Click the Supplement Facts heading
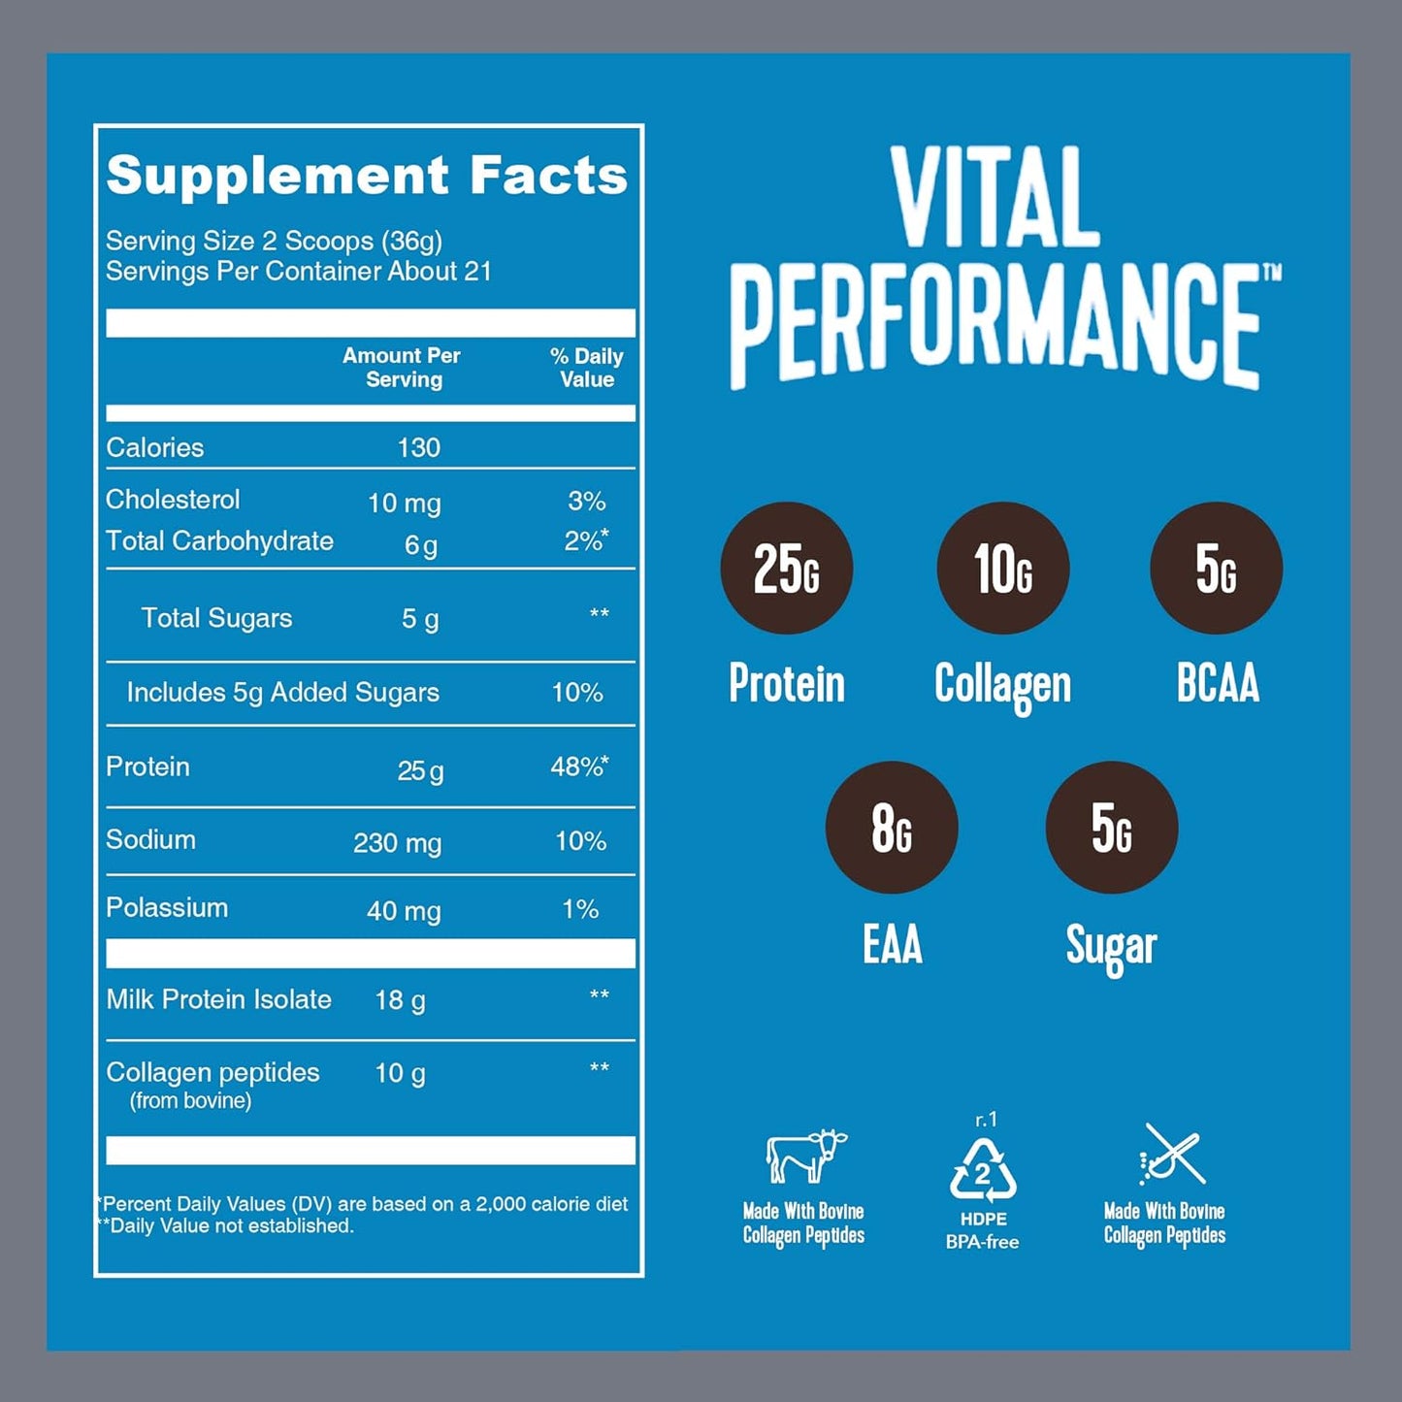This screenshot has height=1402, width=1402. pyautogui.click(x=367, y=176)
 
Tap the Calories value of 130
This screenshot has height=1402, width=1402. pyautogui.click(x=418, y=447)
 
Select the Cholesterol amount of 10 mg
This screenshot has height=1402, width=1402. pyautogui.click(x=404, y=503)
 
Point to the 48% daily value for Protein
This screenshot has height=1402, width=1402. pyautogui.click(x=579, y=766)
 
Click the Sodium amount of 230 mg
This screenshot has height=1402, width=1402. pyautogui.click(x=397, y=842)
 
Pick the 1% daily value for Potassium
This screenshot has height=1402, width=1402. pyautogui.click(x=580, y=909)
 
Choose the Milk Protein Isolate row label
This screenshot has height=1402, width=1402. pyautogui.click(x=218, y=999)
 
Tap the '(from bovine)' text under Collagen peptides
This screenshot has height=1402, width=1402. pyautogui.click(x=190, y=1100)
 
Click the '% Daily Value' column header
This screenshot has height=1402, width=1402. pyautogui.click(x=586, y=368)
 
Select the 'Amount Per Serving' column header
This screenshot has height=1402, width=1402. pyautogui.click(x=402, y=368)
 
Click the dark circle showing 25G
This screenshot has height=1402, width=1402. pyautogui.click(x=786, y=568)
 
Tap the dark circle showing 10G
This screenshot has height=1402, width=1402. pyautogui.click(x=1002, y=568)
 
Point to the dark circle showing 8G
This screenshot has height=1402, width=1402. pyautogui.click(x=891, y=827)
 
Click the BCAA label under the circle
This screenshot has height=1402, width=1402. pyautogui.click(x=1217, y=683)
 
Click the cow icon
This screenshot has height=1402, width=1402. pyautogui.click(x=804, y=1155)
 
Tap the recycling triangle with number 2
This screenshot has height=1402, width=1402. pyautogui.click(x=982, y=1170)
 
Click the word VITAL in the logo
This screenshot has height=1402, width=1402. pyautogui.click(x=994, y=199)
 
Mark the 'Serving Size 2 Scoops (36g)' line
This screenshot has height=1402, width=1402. pyautogui.click(x=274, y=241)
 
